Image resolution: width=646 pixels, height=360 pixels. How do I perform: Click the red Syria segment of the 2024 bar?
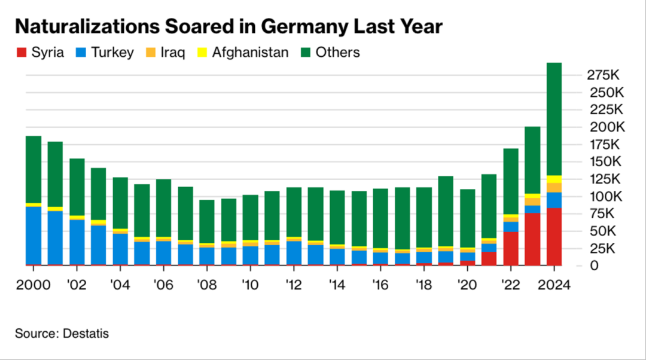coord(554,236)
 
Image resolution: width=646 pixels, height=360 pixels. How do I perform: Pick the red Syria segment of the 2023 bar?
coord(533,239)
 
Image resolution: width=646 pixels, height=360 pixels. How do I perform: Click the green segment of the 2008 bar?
coord(207,221)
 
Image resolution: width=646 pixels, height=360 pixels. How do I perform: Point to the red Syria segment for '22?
coord(511,248)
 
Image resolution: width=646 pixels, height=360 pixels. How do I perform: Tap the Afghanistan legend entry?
coord(243,53)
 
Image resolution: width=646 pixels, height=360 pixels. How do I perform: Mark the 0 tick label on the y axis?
coord(594,266)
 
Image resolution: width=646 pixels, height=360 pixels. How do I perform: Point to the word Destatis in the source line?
coord(86,334)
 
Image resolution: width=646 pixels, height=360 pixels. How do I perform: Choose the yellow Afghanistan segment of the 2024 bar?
coord(554,179)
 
